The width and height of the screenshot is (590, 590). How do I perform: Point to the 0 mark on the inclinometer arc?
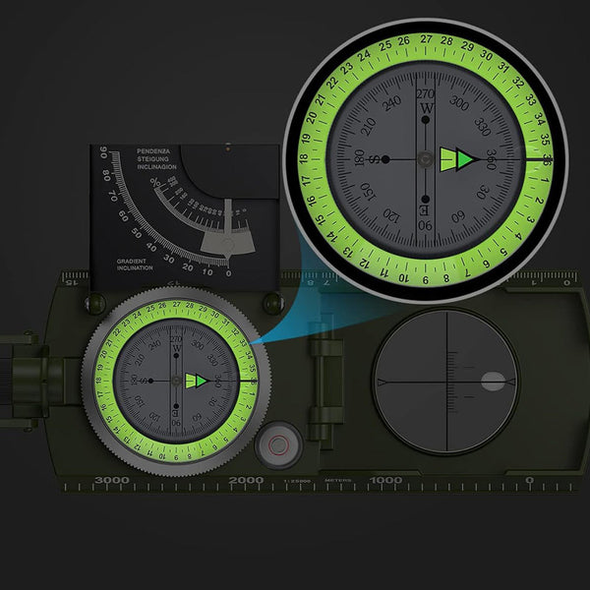[x=228, y=272]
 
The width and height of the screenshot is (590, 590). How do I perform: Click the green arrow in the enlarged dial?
[x=459, y=158]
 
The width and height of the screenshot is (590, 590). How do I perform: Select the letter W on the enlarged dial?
[x=426, y=107]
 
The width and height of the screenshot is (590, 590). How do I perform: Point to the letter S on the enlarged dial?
[x=359, y=159]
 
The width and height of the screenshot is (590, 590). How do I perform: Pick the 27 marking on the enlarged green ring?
[x=427, y=40]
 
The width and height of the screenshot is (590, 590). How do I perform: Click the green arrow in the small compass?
[x=196, y=380]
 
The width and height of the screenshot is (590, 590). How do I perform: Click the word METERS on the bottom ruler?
[x=339, y=482]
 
